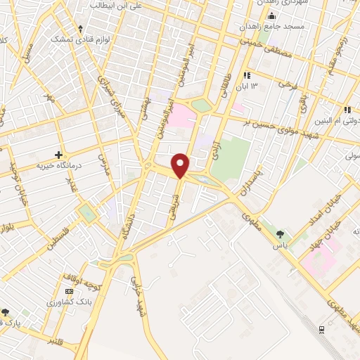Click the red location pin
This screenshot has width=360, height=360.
pyautogui.click(x=181, y=165)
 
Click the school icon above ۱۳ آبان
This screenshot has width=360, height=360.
pyautogui.click(x=247, y=75)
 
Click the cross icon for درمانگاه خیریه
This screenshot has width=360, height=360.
pyautogui.click(x=58, y=154)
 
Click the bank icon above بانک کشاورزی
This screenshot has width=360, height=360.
pyautogui.click(x=69, y=291)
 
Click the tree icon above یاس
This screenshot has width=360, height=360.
pyautogui.click(x=281, y=233)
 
